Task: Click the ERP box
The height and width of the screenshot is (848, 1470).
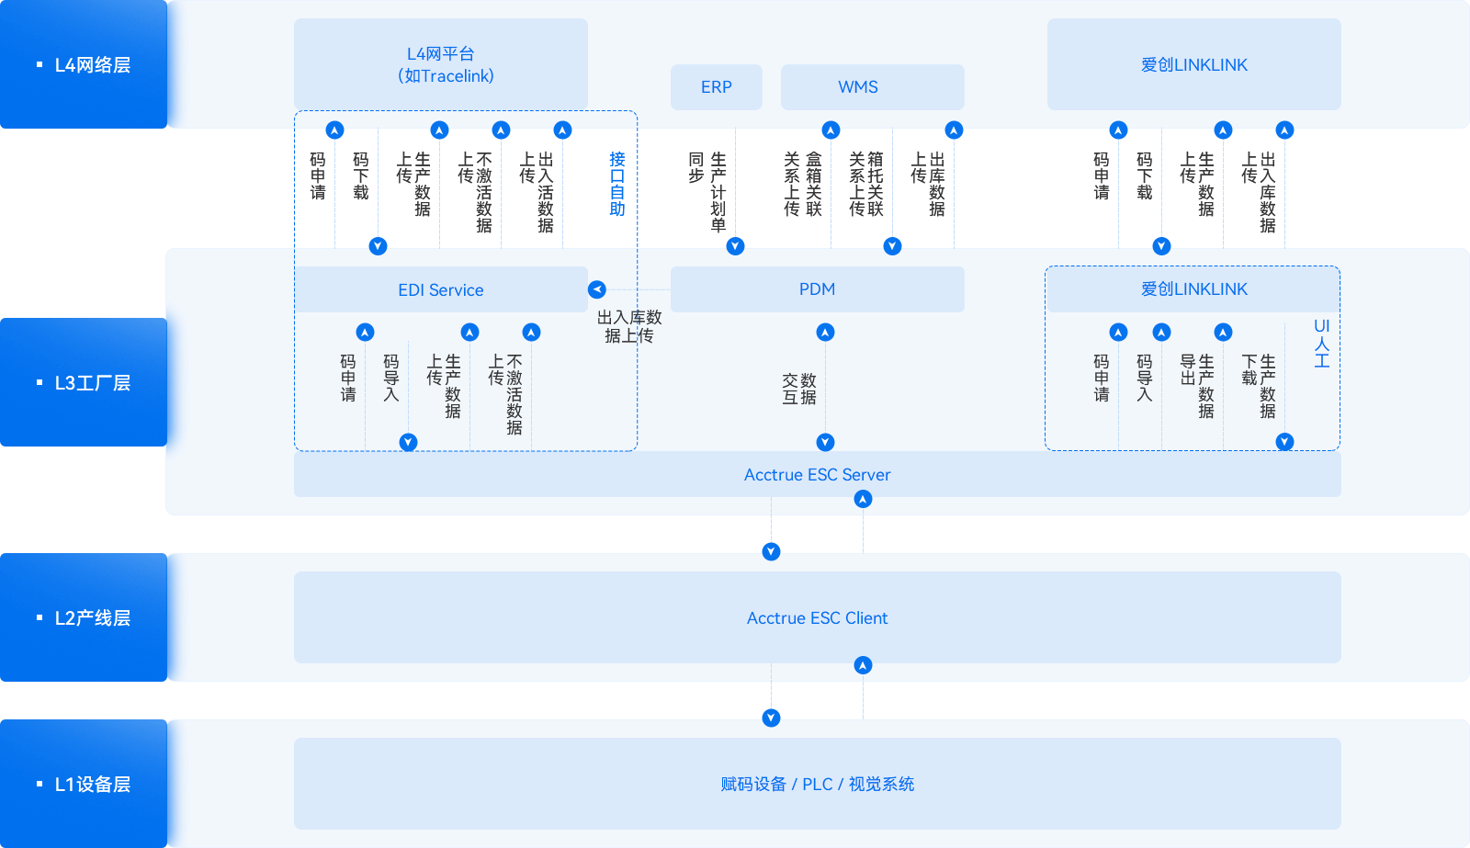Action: click(717, 87)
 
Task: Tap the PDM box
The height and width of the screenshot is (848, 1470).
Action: click(817, 289)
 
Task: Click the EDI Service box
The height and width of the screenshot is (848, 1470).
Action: click(440, 290)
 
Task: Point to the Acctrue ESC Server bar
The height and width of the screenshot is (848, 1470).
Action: click(817, 475)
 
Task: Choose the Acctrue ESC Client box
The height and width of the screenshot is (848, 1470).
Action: click(817, 617)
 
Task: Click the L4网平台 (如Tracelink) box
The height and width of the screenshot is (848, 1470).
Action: click(440, 64)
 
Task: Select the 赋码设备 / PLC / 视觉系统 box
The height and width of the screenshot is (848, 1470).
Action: click(817, 784)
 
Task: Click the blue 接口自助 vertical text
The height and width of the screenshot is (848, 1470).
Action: click(617, 184)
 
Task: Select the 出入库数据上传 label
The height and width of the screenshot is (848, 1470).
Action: click(629, 326)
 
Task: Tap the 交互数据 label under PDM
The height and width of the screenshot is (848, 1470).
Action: click(799, 389)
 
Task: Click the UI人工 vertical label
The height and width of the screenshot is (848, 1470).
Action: click(1321, 344)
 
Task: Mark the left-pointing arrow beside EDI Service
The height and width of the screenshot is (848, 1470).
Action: click(597, 289)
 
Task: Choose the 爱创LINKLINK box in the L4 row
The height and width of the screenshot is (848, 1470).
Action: click(1193, 64)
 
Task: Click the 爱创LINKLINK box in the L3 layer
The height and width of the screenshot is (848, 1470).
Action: click(1193, 289)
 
